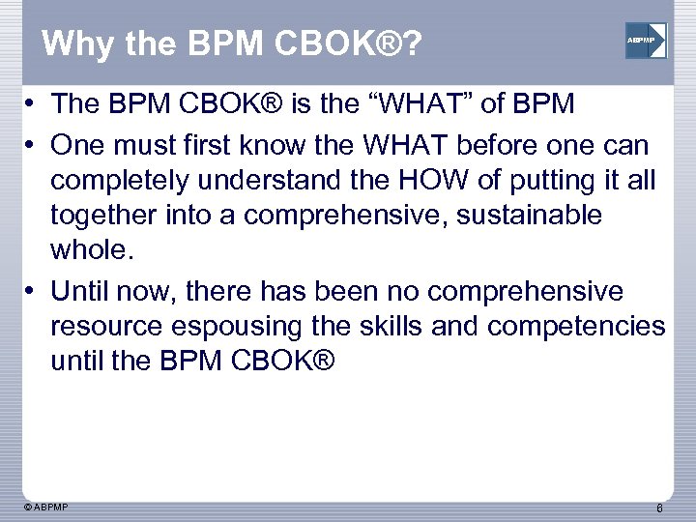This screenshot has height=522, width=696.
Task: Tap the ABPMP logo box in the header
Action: click(645, 41)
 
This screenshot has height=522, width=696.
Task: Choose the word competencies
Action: click(576, 327)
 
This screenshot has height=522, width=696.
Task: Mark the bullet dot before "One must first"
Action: click(32, 145)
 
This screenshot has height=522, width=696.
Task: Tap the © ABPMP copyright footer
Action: click(45, 506)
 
